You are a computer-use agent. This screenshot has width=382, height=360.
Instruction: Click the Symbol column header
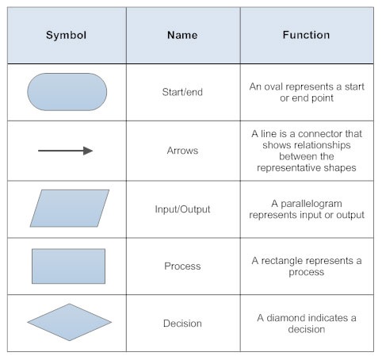(x=66, y=36)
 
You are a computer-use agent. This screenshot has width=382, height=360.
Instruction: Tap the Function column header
(x=306, y=36)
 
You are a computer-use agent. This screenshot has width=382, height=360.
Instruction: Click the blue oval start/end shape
(x=67, y=92)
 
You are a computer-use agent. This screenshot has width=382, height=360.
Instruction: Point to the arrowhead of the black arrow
(x=88, y=151)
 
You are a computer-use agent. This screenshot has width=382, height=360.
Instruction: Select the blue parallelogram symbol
(x=69, y=208)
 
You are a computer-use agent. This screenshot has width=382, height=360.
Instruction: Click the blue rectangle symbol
(x=68, y=266)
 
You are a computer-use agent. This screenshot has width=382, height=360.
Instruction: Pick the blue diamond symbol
(x=69, y=323)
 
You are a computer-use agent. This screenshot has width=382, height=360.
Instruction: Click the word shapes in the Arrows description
(x=339, y=167)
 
